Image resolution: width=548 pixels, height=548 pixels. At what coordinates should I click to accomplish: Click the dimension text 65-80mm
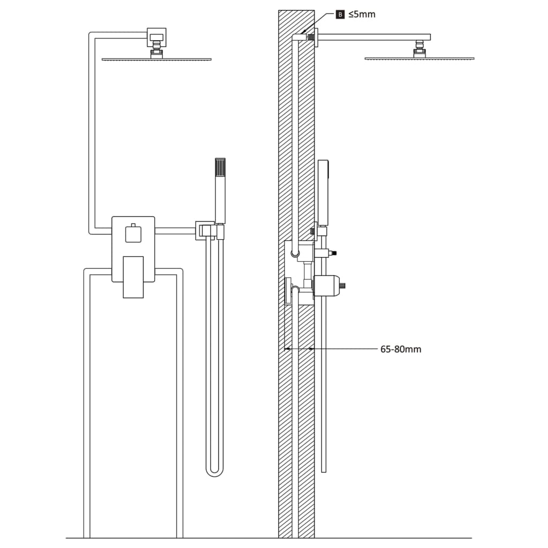(400, 349)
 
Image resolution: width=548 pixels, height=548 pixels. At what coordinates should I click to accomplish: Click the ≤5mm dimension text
(362, 14)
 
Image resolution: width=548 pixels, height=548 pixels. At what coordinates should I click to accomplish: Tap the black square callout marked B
(340, 14)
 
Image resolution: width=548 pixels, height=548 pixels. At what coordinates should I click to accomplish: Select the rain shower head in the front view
(156, 59)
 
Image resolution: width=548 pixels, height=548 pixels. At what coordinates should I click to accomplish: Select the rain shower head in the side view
(419, 58)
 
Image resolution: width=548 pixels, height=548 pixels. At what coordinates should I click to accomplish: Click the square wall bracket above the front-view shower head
(156, 37)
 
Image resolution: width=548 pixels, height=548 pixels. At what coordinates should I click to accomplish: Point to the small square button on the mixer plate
(132, 234)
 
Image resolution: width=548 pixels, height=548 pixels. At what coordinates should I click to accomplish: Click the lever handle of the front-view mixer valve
(133, 276)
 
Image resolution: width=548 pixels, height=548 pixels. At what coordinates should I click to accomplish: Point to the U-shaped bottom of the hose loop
(215, 471)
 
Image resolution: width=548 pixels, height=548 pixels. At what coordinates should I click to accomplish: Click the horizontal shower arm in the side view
(375, 37)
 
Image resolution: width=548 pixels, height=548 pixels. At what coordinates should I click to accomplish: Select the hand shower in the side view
(323, 193)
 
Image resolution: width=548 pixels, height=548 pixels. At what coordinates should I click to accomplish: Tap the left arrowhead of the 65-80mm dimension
(287, 349)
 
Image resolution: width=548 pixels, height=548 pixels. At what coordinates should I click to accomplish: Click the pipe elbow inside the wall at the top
(296, 37)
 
